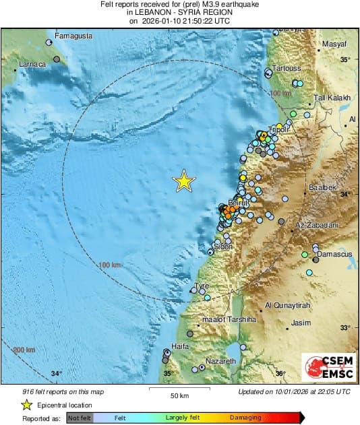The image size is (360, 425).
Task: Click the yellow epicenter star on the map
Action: pyautogui.click(x=183, y=181)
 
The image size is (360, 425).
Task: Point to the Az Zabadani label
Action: pyautogui.click(x=316, y=223)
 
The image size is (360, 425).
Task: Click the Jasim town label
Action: pyautogui.click(x=300, y=323)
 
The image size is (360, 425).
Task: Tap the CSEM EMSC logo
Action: pyautogui.click(x=328, y=368)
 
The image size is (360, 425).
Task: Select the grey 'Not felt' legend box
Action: pyautogui.click(x=80, y=418)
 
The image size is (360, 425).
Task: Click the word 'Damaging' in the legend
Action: pyautogui.click(x=245, y=418)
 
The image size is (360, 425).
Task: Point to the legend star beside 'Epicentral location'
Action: pyautogui.click(x=27, y=405)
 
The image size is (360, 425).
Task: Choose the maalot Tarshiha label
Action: pyautogui.click(x=230, y=320)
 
